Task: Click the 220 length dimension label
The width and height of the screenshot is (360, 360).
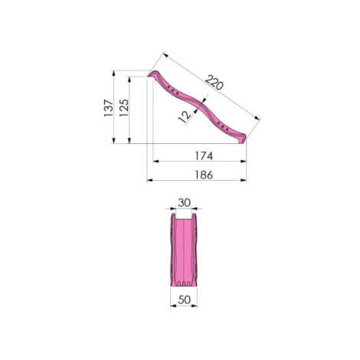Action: (214, 82)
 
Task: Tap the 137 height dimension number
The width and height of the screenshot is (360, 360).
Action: (108, 108)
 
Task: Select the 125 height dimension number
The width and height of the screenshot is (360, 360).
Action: (124, 108)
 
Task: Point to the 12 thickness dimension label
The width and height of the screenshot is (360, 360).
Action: (185, 116)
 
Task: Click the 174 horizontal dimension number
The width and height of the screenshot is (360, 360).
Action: (204, 155)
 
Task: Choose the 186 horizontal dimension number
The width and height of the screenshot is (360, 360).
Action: (204, 175)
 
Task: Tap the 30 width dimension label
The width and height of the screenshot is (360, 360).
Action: (184, 203)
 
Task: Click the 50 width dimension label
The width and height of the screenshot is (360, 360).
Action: (184, 299)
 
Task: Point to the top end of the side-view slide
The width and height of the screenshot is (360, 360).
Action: (151, 74)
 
